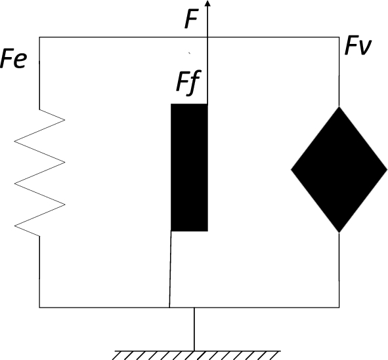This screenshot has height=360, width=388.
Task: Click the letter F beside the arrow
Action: [191, 19]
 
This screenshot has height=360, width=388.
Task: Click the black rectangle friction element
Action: [189, 167]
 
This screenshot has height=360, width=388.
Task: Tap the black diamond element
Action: [339, 170]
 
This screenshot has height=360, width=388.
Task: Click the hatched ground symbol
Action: [194, 354]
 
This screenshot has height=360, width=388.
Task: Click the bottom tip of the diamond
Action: [339, 232]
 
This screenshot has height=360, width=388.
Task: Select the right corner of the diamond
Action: [387, 170]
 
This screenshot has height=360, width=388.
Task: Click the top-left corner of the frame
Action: [39, 37]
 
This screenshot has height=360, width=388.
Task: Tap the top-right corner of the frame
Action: [339, 37]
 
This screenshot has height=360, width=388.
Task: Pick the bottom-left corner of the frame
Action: [39, 307]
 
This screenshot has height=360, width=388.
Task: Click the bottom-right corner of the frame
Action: [339, 307]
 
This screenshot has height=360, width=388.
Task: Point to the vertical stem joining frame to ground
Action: [194, 328]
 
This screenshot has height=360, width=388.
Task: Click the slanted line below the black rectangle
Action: [171, 269]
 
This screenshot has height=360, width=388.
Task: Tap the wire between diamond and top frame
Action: [339, 72]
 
